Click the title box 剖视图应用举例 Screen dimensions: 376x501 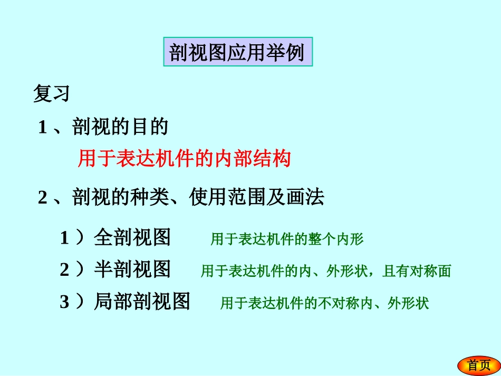click(238, 52)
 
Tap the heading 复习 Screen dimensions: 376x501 click(52, 94)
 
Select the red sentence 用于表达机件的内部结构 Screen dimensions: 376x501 click(184, 159)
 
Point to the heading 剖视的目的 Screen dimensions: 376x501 click(120, 127)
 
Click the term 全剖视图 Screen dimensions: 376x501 click(132, 238)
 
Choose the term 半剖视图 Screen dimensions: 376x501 click(132, 269)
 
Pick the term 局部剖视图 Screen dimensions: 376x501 click(142, 302)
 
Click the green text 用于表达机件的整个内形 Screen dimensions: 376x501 click(287, 239)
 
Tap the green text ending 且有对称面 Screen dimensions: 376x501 click(325, 271)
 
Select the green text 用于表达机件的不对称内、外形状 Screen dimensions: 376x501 click(324, 303)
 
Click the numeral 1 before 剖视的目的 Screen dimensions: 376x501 click(43, 128)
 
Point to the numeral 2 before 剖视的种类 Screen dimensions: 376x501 click(43, 198)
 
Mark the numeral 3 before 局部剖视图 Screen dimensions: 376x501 click(64, 302)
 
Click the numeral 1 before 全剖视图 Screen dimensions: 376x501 click(64, 238)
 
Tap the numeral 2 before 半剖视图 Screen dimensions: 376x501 click(64, 270)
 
